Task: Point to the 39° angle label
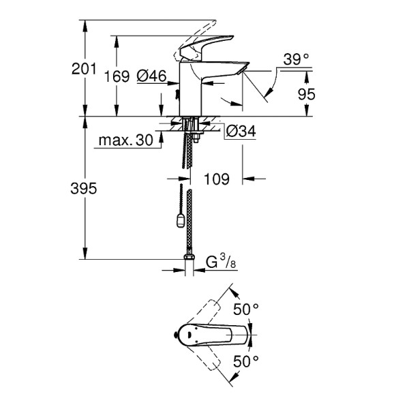tap(296, 60)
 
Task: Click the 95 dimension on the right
tap(307, 95)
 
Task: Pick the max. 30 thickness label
tap(125, 141)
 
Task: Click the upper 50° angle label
tap(246, 309)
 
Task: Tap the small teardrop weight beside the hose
tap(179, 219)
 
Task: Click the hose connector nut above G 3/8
tap(188, 260)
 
